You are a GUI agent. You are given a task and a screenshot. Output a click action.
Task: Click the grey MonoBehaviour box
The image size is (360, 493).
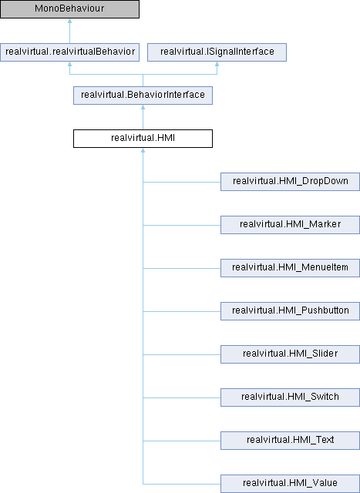[x=69, y=9]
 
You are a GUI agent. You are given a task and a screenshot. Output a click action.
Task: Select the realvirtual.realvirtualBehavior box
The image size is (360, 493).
[x=69, y=52]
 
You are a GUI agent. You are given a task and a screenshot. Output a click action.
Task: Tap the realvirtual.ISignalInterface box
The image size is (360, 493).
[x=217, y=52]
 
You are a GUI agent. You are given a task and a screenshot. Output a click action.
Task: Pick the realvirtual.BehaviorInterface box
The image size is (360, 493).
[x=143, y=96]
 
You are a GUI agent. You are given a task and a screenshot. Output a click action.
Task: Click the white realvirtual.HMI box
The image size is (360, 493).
[x=143, y=139]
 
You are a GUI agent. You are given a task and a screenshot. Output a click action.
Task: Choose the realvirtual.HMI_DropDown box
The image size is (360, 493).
[x=290, y=182]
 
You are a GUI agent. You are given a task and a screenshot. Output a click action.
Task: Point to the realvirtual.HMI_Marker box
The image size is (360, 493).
[x=290, y=225]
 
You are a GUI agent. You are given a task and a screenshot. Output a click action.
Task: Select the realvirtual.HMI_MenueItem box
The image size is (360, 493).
[x=290, y=268]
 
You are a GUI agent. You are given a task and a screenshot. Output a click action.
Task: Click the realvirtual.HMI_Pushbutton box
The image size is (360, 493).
[x=290, y=311]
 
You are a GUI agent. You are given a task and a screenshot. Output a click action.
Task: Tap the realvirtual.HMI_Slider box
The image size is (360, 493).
[x=290, y=354]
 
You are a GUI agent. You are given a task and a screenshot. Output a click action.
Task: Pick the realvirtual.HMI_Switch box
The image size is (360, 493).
[x=290, y=397]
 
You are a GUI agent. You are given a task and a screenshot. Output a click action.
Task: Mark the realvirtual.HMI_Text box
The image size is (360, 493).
[x=290, y=440]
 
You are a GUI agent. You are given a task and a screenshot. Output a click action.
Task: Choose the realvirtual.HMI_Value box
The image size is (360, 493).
[x=290, y=484]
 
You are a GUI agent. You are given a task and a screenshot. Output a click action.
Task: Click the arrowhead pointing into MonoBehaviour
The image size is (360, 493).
[x=69, y=21]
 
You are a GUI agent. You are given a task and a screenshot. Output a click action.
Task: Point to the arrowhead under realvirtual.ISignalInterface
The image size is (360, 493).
[x=217, y=64]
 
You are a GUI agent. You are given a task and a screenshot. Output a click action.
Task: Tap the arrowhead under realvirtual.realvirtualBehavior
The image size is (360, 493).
[x=69, y=64]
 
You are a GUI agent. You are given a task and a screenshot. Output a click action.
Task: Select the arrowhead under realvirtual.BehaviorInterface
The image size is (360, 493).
[x=143, y=107]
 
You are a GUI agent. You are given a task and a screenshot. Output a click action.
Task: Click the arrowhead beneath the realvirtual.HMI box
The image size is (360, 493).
[x=143, y=150]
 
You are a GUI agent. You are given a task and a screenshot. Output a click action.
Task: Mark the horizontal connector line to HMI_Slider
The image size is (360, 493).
[x=182, y=354]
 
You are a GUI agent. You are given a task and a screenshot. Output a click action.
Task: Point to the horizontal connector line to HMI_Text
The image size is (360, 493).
[x=182, y=441]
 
